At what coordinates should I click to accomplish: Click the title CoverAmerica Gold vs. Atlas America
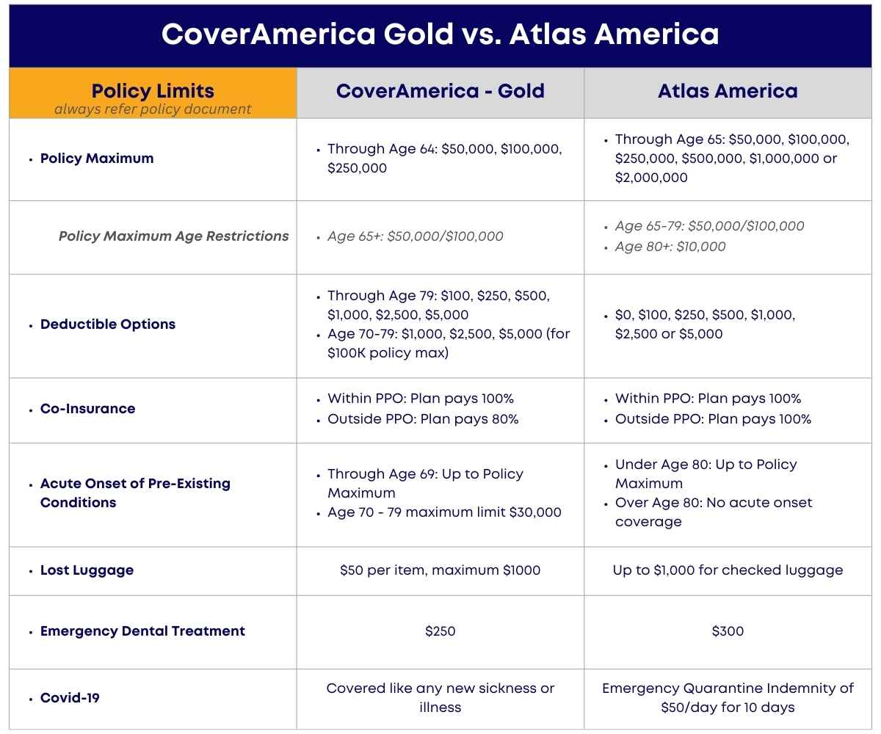(x=440, y=34)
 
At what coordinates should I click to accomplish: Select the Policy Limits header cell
(x=153, y=92)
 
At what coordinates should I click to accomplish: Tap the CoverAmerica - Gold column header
(x=440, y=91)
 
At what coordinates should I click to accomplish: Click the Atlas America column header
(x=728, y=91)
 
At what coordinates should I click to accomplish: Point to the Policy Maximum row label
(x=97, y=159)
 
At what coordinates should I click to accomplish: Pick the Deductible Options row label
(x=108, y=324)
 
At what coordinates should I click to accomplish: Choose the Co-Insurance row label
(x=87, y=409)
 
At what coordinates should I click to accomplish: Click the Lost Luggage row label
(x=87, y=570)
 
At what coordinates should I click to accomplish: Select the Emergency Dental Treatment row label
(x=142, y=631)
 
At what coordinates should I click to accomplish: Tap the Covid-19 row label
(x=70, y=698)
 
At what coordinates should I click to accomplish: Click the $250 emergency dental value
(x=440, y=631)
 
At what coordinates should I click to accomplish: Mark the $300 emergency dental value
(x=728, y=631)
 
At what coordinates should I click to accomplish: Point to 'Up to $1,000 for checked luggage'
(x=728, y=570)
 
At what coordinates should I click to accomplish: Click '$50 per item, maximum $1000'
(x=440, y=570)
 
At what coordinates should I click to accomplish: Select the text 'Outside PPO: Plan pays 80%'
(x=423, y=419)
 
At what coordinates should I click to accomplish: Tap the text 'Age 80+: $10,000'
(x=670, y=247)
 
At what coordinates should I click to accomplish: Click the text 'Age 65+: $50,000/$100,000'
(x=416, y=236)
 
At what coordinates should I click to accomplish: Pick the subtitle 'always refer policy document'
(x=153, y=109)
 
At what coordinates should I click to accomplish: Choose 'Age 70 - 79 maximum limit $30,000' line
(x=444, y=512)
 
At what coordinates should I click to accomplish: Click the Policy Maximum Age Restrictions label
(x=173, y=236)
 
